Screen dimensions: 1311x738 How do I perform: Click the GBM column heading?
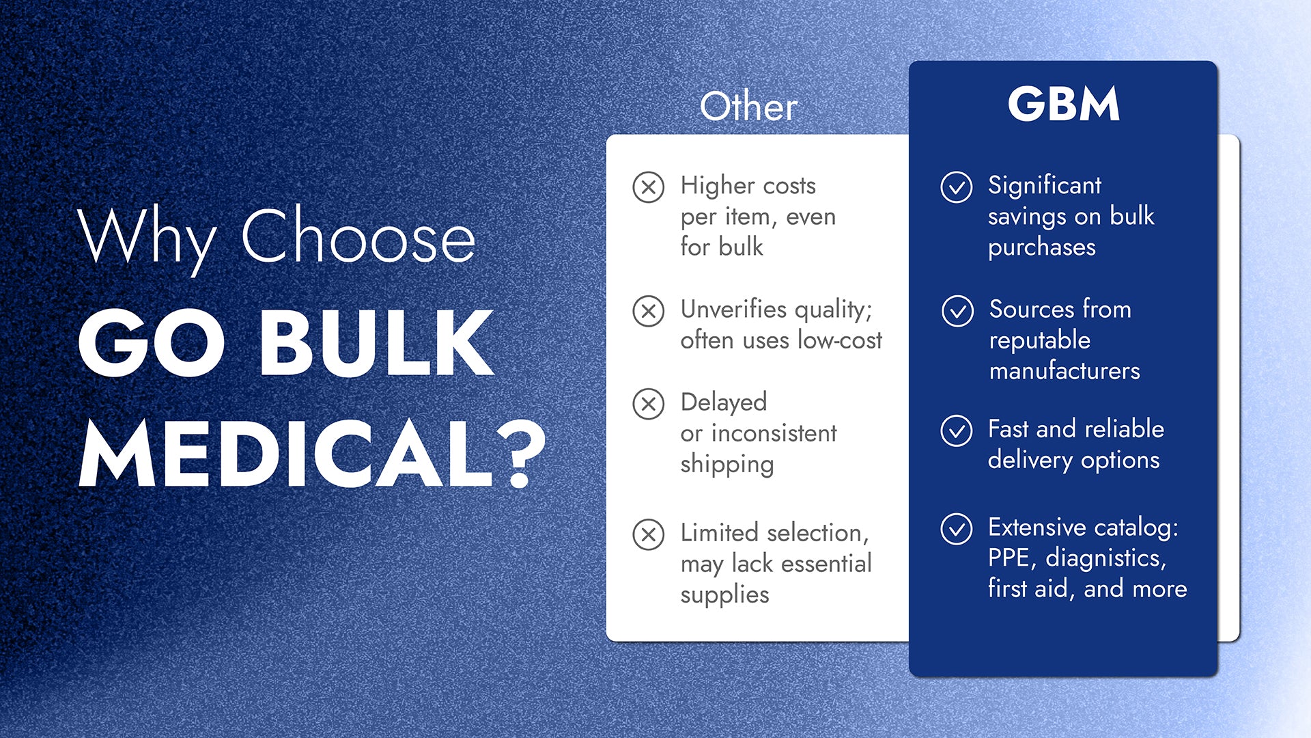point(1063,104)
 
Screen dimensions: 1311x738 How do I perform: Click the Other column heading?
point(749,107)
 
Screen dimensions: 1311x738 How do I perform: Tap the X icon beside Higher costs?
point(648,187)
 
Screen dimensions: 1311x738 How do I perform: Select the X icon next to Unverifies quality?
point(648,312)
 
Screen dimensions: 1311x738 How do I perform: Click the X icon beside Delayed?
point(648,404)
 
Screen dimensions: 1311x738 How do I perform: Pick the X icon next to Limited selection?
point(648,534)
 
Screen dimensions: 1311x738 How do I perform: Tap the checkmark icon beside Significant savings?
point(957,187)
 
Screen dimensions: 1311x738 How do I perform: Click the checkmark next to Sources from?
point(957,312)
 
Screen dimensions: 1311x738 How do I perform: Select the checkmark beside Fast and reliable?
point(957,431)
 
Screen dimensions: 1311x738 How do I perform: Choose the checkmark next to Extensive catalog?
point(957,529)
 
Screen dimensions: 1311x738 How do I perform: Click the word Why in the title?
point(147,239)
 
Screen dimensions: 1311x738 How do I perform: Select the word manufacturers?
point(1065,371)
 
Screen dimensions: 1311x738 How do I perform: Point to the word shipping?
point(727,465)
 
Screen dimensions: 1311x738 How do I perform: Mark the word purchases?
point(1042,248)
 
